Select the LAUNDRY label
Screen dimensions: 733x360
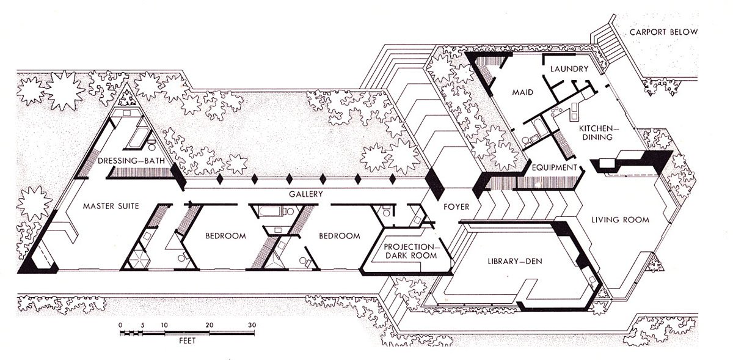click(x=569, y=69)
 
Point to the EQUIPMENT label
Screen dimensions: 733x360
click(x=554, y=167)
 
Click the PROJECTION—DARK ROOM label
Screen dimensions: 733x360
click(x=410, y=251)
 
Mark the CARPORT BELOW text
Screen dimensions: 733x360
click(x=663, y=32)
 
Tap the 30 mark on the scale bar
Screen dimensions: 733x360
click(x=252, y=325)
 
